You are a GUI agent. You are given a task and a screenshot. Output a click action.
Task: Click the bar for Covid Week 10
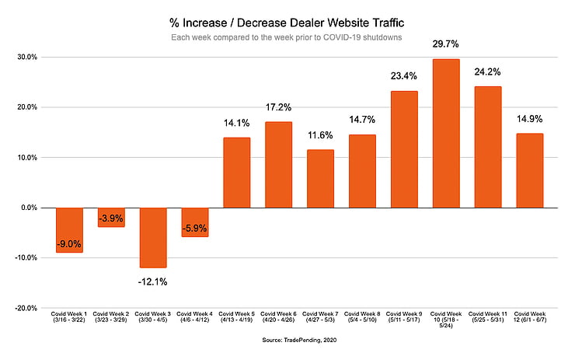pos(446,133)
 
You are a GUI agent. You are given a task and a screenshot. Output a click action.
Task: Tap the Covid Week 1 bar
pos(69,230)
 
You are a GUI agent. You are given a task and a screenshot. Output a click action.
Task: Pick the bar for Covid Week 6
pos(278,165)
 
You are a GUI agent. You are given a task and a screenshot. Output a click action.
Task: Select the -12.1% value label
pos(152,281)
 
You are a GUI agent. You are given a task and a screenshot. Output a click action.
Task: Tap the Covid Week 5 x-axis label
pos(236,321)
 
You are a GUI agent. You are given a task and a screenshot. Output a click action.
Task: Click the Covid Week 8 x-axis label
pos(362,321)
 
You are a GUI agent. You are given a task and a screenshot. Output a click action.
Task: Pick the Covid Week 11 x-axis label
pos(488,321)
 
